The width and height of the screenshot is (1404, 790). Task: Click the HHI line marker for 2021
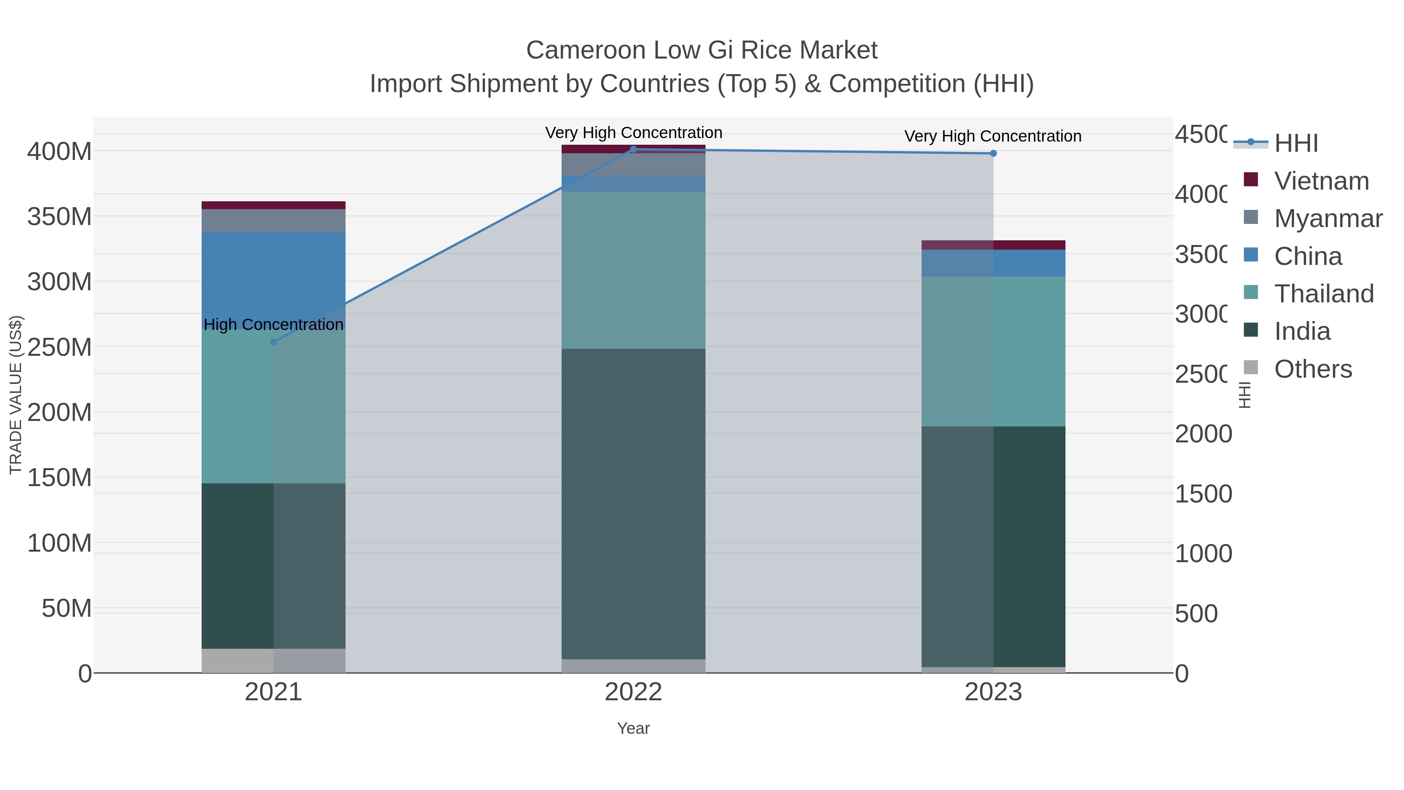coord(274,342)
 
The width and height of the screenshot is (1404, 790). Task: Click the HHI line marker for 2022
coord(633,149)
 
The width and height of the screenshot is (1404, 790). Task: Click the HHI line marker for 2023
coord(993,153)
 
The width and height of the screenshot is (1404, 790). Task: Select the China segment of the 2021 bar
coord(274,279)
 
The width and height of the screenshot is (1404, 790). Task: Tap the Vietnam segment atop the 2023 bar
coord(993,245)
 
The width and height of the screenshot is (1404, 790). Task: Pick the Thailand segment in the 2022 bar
coord(633,270)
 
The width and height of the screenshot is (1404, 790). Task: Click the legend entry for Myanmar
coord(1328,218)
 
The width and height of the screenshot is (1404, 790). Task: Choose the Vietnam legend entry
coord(1321,181)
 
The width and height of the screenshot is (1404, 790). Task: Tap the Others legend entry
coord(1312,369)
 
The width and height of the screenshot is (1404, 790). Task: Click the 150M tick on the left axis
coord(60,478)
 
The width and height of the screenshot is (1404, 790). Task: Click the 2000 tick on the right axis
coord(1203,434)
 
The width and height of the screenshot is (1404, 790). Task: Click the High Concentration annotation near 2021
coord(274,325)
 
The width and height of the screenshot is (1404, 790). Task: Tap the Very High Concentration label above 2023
coord(993,136)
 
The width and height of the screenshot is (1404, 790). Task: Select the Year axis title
coord(633,728)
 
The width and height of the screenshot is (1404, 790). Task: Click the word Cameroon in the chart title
coord(586,50)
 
